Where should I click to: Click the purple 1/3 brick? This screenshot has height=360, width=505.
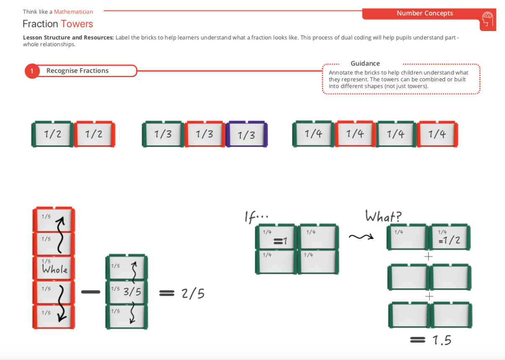246,134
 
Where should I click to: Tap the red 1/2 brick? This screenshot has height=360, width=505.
94,134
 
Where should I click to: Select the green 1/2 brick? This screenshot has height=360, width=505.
53,134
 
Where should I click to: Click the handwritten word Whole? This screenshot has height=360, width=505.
54,269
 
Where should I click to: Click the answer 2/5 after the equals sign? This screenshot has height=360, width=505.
193,294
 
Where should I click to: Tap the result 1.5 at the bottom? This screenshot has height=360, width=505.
442,340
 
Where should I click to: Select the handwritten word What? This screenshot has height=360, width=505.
383,216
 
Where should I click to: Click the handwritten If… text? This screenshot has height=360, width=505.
256,217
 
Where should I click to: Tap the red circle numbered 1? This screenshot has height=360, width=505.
32,71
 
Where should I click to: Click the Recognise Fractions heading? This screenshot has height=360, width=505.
78,71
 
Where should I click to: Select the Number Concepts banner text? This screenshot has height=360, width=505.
425,13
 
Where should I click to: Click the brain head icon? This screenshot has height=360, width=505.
487,20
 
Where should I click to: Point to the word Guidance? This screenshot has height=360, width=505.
365,64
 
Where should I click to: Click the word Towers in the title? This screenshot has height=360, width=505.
77,24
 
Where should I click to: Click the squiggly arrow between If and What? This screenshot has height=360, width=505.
361,237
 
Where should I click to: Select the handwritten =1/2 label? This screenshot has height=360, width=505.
449,240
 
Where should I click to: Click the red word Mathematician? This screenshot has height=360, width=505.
73,12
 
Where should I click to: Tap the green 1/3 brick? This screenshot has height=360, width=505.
163,134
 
